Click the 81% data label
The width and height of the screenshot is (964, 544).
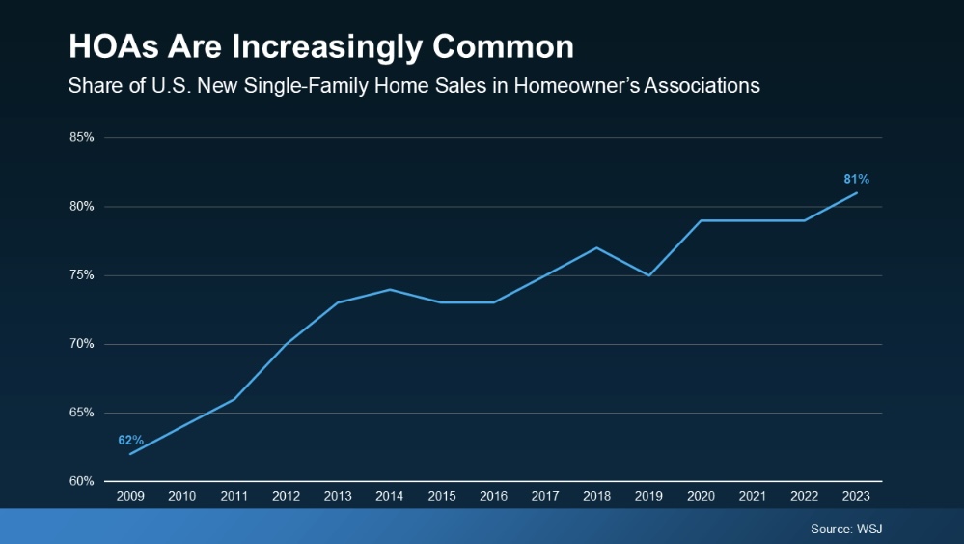pyautogui.click(x=857, y=179)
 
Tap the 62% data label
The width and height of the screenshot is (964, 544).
pyautogui.click(x=131, y=440)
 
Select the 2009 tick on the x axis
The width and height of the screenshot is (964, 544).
pyautogui.click(x=130, y=496)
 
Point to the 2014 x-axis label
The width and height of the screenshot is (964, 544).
pyautogui.click(x=389, y=496)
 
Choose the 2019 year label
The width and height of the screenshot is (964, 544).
pyautogui.click(x=648, y=496)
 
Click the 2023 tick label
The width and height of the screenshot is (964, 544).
pyautogui.click(x=856, y=496)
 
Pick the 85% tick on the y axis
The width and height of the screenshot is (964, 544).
pyautogui.click(x=82, y=138)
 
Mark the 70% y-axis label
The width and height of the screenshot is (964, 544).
pyautogui.click(x=82, y=344)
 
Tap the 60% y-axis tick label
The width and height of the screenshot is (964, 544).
pyautogui.click(x=82, y=481)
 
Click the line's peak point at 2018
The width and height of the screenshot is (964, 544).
pyautogui.click(x=597, y=247)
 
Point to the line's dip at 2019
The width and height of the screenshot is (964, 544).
pyautogui.click(x=648, y=275)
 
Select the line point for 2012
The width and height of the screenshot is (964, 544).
pyautogui.click(x=286, y=344)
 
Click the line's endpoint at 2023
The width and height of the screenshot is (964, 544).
pyautogui.click(x=857, y=192)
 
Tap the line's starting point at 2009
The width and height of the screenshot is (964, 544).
pyautogui.click(x=130, y=454)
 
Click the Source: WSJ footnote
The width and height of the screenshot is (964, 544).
pyautogui.click(x=845, y=529)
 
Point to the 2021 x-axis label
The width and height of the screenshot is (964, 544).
pyautogui.click(x=753, y=496)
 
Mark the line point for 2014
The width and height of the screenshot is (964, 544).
pyautogui.click(x=389, y=289)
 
